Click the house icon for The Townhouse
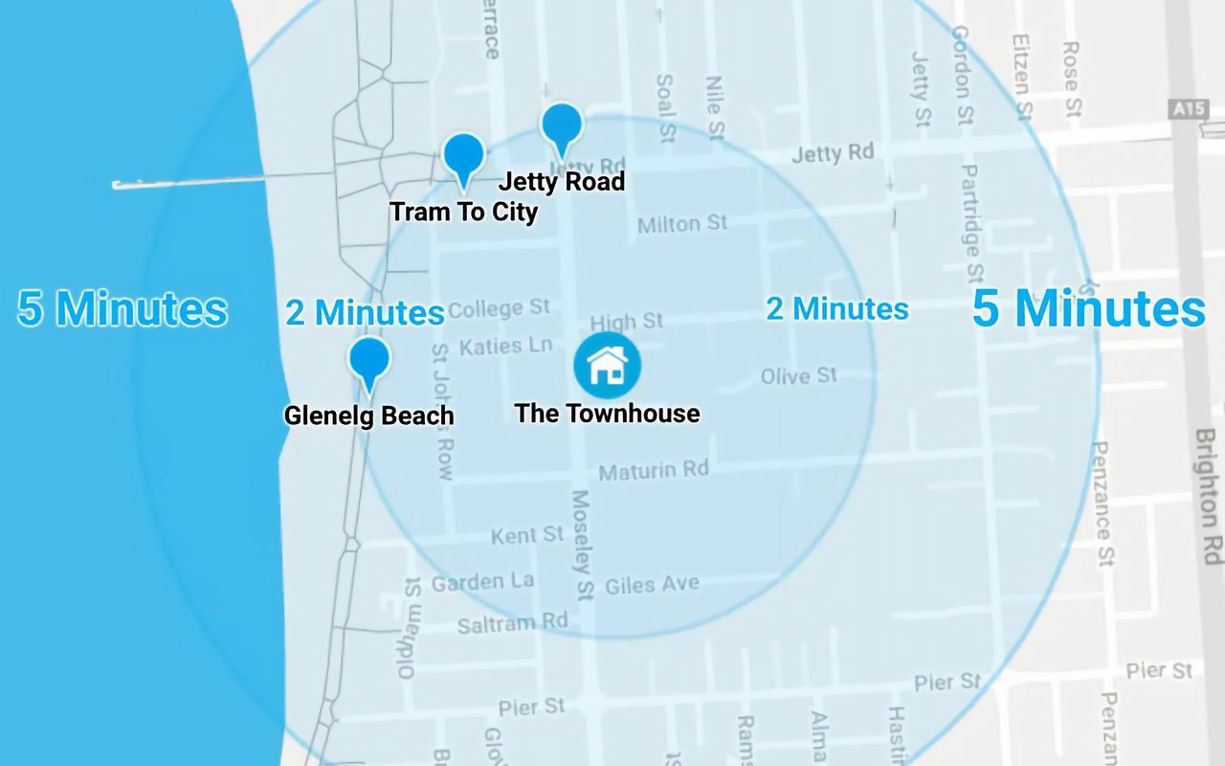point(607,365)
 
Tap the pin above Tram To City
point(464,156)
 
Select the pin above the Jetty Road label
point(562,126)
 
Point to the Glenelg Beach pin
point(369,360)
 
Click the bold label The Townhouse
point(607,414)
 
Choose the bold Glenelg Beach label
point(368,416)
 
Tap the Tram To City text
point(464,212)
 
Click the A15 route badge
point(1189,109)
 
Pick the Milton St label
point(682,224)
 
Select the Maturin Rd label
point(654,470)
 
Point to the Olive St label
point(799,375)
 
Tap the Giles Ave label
point(652,583)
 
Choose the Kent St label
point(527,535)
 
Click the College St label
point(499,308)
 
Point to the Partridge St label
point(971,223)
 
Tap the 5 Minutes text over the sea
point(122,309)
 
